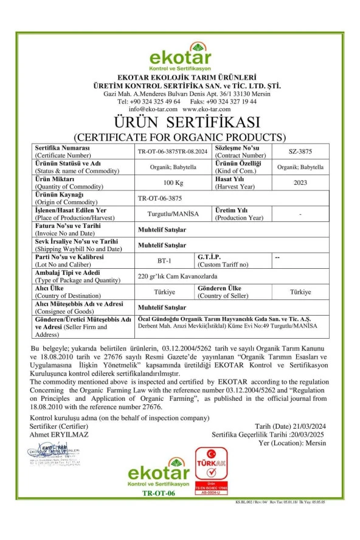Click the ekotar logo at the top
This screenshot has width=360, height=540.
click(x=179, y=58)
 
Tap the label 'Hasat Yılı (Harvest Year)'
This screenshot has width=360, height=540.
click(x=228, y=182)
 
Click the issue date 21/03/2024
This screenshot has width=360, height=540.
click(x=306, y=428)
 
